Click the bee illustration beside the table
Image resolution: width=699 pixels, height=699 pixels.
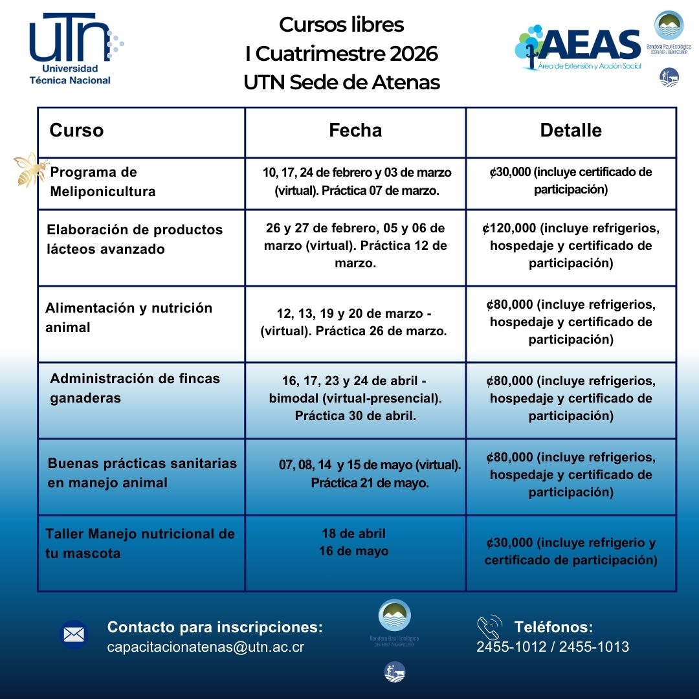coord(32,170)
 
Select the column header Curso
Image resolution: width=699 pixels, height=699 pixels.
coord(76,131)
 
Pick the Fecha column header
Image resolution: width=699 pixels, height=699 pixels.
coord(355,131)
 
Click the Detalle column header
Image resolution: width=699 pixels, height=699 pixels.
coord(571,131)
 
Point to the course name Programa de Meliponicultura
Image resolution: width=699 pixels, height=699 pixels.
coord(102,182)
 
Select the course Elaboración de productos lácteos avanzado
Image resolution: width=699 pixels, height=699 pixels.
coord(135,239)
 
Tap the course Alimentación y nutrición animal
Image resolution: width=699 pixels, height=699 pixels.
coord(128,318)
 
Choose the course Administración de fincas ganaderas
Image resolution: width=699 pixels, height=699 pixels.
coord(135,388)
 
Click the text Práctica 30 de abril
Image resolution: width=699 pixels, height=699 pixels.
coord(355,416)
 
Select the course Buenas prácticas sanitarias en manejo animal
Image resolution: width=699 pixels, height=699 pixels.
coord(142,473)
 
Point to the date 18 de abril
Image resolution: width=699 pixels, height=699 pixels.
coord(353,534)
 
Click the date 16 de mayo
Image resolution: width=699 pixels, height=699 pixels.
coord(353,551)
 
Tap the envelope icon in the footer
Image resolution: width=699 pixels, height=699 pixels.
coord(74,634)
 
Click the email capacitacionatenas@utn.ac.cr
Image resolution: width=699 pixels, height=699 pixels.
coord(206,647)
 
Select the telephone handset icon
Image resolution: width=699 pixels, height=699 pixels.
coord(489,628)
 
